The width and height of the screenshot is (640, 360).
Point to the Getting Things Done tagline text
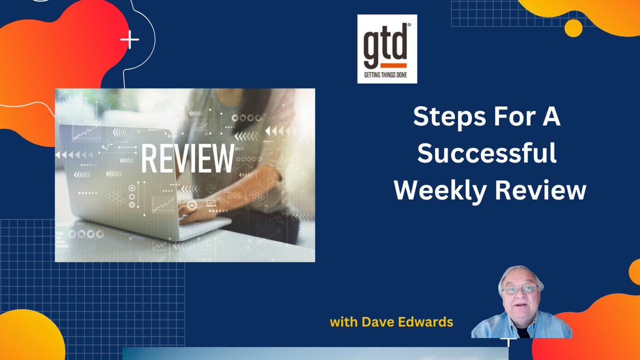pos(387,75)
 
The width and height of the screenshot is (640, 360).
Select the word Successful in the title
pos(487,154)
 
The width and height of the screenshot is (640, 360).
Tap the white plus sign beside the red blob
pos(130,40)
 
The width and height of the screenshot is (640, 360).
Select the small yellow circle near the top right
pos(573,28)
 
